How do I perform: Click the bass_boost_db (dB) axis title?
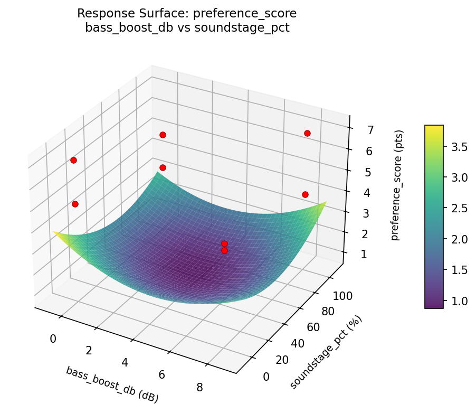112,384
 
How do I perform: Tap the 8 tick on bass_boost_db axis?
199,387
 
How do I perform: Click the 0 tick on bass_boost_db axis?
53,339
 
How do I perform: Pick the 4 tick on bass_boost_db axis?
125,362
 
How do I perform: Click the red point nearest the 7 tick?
307,133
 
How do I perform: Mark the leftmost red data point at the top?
73,160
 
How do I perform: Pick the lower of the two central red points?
224,250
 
